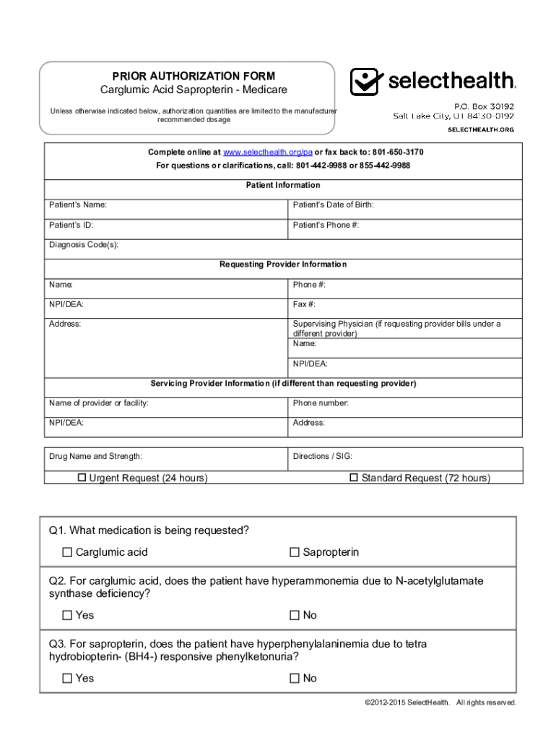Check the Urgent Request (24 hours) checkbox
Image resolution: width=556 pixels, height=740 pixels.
82,478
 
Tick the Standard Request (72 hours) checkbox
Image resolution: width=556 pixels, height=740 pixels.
354,478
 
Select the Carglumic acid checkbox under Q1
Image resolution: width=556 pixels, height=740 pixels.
67,553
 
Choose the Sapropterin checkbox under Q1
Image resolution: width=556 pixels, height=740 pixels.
295,553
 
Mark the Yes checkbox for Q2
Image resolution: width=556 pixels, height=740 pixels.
67,616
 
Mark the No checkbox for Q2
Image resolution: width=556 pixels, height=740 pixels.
295,616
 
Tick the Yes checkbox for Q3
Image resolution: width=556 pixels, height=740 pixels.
67,679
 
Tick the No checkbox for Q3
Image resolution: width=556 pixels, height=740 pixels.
295,679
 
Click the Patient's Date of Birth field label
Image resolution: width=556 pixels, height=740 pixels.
333,205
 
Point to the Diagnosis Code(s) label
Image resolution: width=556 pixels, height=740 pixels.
83,245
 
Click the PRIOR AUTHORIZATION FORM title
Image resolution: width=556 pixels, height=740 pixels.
193,76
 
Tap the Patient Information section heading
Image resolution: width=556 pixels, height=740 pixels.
283,186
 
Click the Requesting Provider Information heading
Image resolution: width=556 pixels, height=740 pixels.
283,264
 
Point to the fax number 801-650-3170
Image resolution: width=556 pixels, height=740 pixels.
397,152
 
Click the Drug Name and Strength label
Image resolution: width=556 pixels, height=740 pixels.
95,457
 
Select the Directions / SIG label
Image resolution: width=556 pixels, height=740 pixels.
322,457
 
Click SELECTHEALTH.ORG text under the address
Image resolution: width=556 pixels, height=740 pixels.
480,129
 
